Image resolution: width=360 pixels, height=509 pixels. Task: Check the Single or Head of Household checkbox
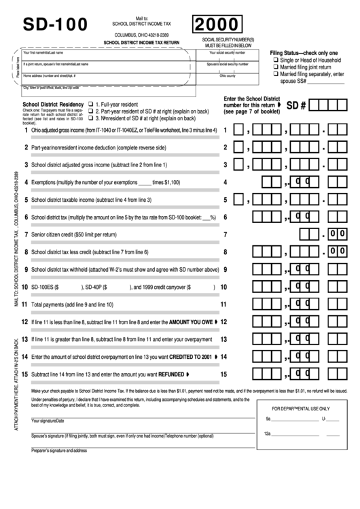point(275,61)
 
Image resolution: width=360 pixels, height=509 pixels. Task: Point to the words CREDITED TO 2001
point(184,356)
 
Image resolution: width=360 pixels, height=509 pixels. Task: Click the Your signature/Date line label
point(48,421)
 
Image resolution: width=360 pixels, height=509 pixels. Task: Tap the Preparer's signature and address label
point(59,450)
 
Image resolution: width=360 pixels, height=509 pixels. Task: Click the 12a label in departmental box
point(268,434)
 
